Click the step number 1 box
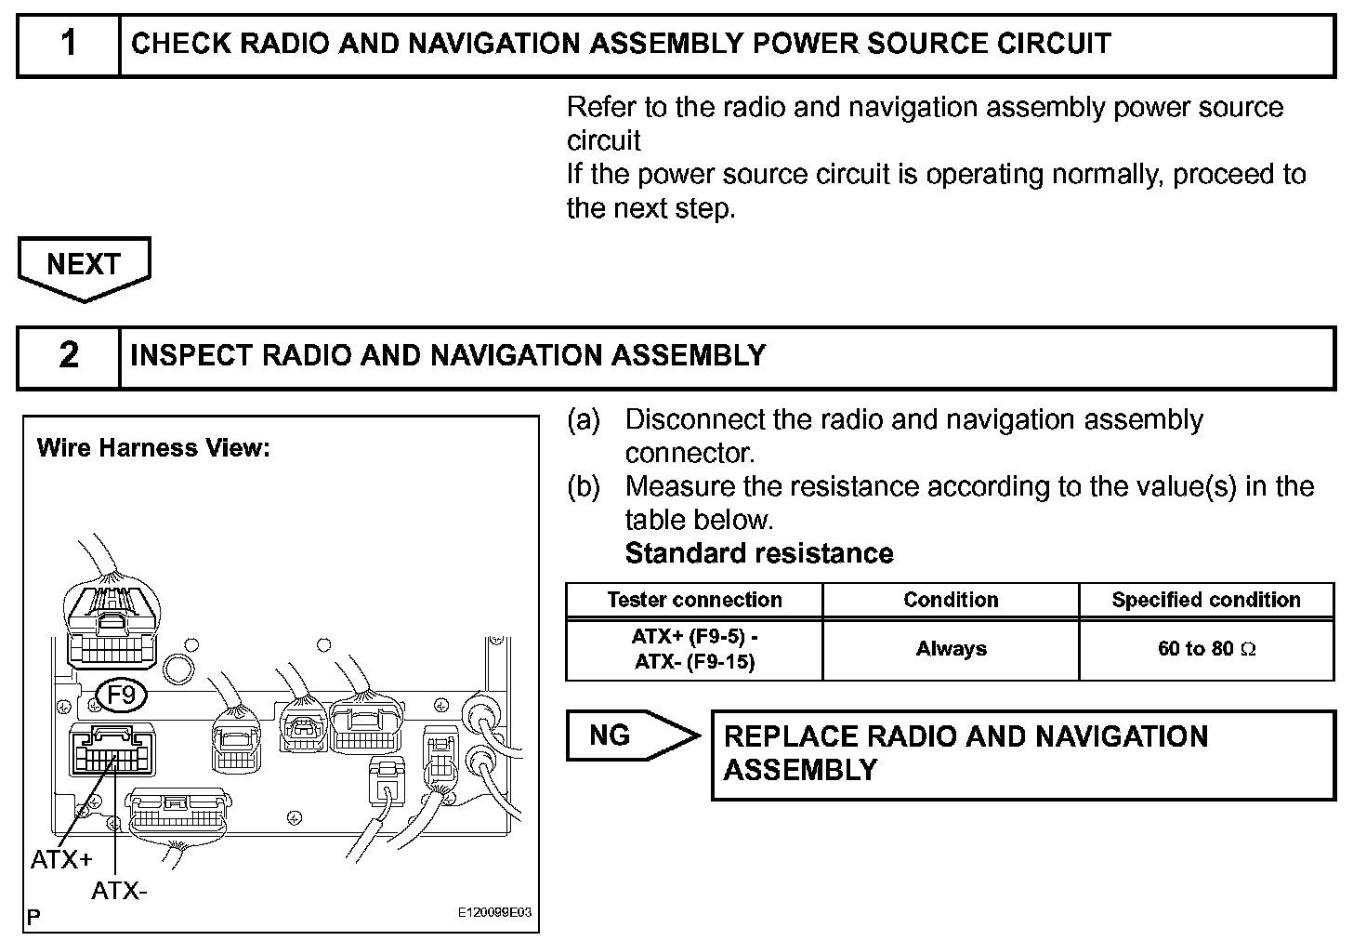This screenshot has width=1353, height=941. pyautogui.click(x=69, y=44)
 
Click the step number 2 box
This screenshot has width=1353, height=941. pyautogui.click(x=69, y=355)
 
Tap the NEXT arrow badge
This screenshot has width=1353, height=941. pyautogui.click(x=84, y=266)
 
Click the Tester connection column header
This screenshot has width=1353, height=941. pyautogui.click(x=694, y=601)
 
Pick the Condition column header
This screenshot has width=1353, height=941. pyautogui.click(x=951, y=601)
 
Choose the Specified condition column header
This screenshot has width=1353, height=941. pyautogui.click(x=1206, y=601)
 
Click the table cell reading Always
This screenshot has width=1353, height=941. pyautogui.click(x=951, y=649)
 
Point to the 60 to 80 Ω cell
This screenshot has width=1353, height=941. pyautogui.click(x=1206, y=649)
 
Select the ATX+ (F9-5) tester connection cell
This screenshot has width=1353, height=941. pyautogui.click(x=694, y=649)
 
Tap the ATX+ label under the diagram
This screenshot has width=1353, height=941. pyautogui.click(x=61, y=860)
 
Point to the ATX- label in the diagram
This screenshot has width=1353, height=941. pyautogui.click(x=119, y=892)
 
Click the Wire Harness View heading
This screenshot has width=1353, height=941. pyautogui.click(x=153, y=448)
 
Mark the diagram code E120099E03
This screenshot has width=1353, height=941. pyautogui.click(x=494, y=913)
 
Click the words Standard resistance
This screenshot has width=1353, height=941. pyautogui.click(x=759, y=554)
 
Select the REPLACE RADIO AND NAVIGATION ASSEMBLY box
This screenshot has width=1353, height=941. pyautogui.click(x=1022, y=754)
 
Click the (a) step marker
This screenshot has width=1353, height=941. pyautogui.click(x=584, y=420)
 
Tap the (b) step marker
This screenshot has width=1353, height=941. pyautogui.click(x=584, y=487)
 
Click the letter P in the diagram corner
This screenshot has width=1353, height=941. pyautogui.click(x=33, y=918)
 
